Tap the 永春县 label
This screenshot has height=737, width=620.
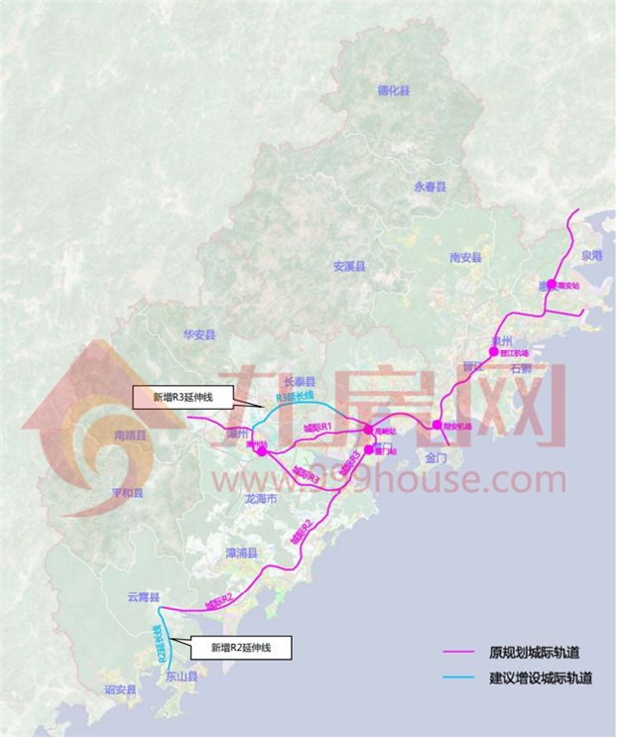(x=431, y=186)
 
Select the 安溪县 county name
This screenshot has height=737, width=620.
(x=349, y=267)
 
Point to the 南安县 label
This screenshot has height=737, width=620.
(x=465, y=257)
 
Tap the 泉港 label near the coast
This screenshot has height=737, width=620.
(x=592, y=255)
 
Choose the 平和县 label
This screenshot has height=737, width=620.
(x=127, y=493)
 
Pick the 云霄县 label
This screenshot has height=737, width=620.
(x=143, y=598)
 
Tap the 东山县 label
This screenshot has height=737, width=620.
(x=181, y=677)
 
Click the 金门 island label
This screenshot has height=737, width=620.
(x=437, y=459)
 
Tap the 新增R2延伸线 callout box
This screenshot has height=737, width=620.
(x=241, y=648)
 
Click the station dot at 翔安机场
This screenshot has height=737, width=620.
(x=436, y=426)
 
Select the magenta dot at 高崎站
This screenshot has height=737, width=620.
(x=368, y=430)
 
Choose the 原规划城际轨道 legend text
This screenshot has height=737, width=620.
(x=535, y=652)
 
